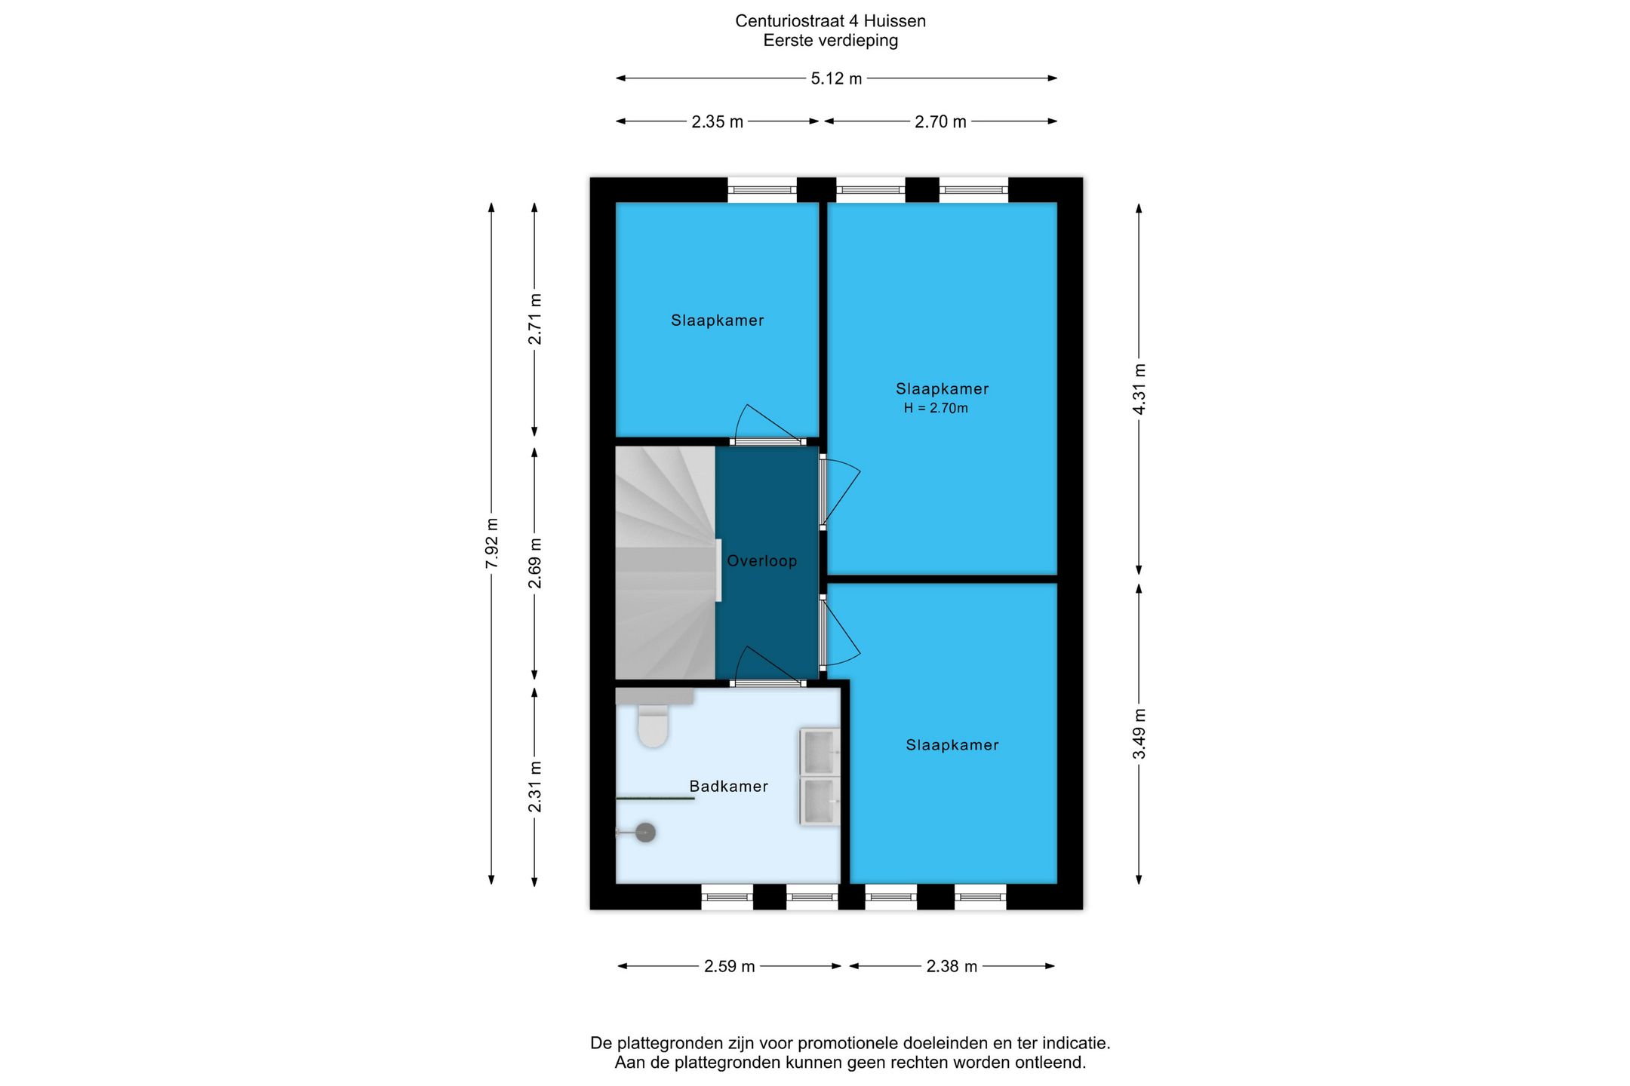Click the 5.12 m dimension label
[836, 78]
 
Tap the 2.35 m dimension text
[717, 121]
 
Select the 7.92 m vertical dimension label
[491, 543]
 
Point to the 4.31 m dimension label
[1139, 389]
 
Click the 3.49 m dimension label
[1139, 734]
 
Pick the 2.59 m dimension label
[729, 966]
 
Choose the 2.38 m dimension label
[952, 966]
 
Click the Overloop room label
[761, 561]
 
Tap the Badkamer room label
[728, 787]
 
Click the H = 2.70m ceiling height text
[936, 408]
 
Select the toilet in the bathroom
[653, 725]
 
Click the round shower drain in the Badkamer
[645, 833]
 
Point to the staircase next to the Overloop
[665, 563]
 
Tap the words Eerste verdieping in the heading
[830, 41]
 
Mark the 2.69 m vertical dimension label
[534, 563]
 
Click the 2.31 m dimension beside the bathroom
[534, 787]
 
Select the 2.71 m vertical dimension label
[534, 319]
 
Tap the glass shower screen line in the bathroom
[655, 798]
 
